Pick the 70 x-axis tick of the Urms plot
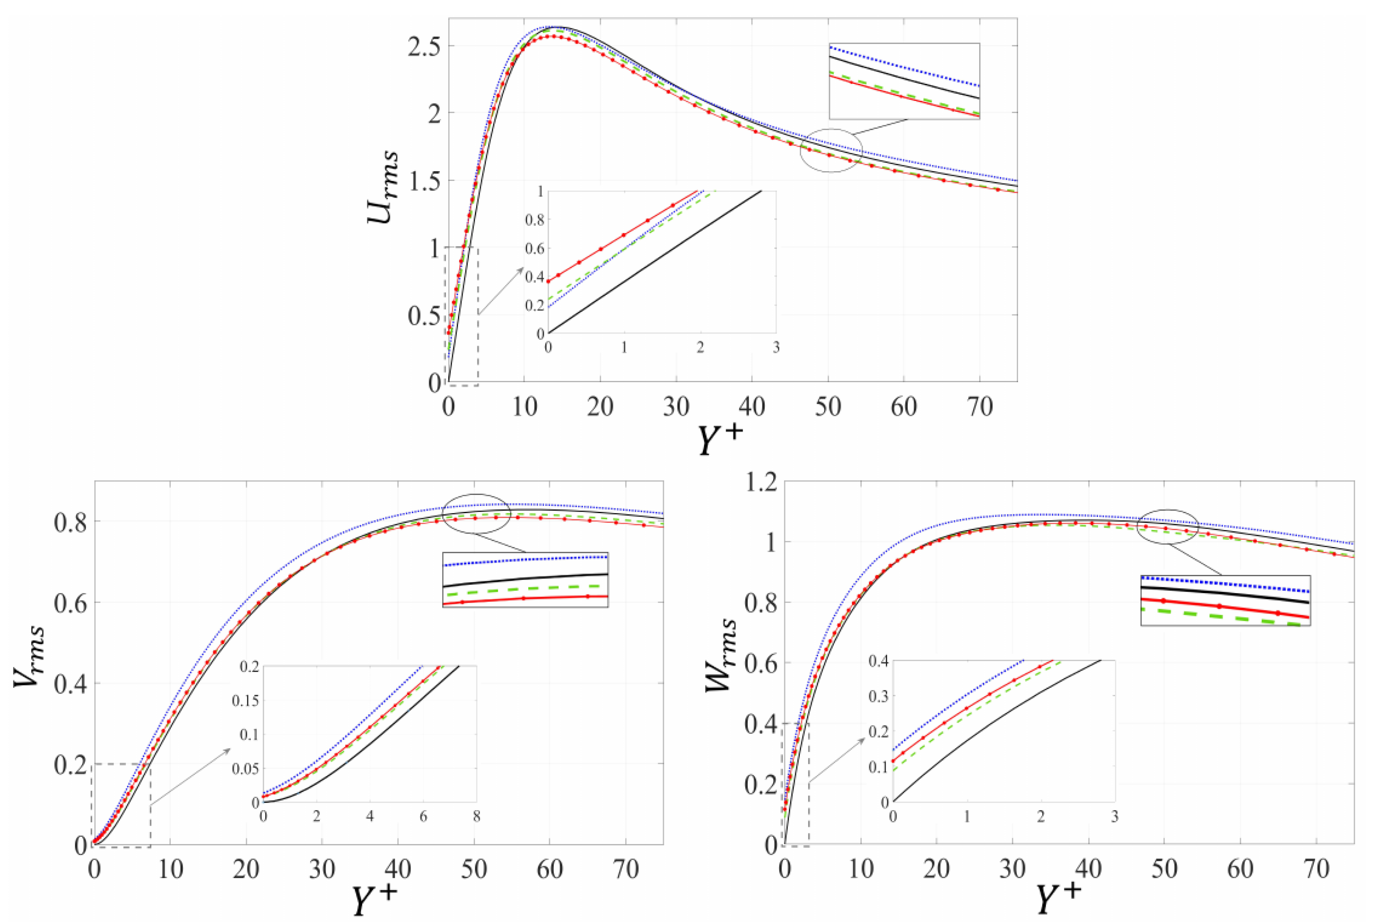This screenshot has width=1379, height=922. (x=979, y=407)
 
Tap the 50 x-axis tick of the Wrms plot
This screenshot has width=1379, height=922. (x=1164, y=869)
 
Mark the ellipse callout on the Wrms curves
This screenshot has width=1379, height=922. (x=1167, y=526)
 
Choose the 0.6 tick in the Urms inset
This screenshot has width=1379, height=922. (x=535, y=248)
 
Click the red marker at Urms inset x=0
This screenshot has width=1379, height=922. (x=549, y=281)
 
